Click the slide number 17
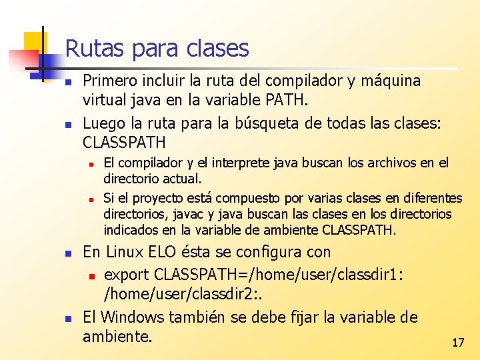pos(457,343)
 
